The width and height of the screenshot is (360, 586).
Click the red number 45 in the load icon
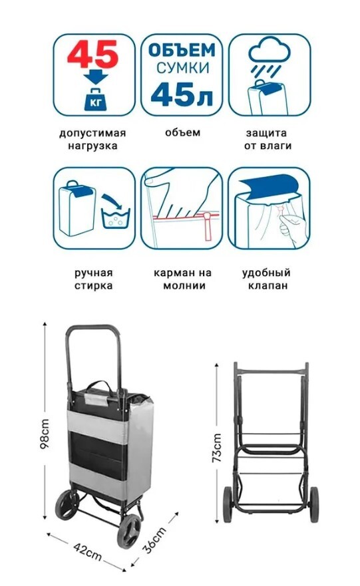[92, 54]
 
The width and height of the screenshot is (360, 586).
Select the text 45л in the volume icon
[182, 94]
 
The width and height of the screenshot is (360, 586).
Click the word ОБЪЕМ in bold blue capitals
[182, 51]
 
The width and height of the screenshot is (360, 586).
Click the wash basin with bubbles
[116, 218]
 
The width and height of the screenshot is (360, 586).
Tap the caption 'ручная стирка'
[93, 279]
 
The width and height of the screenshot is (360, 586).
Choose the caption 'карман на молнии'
[183, 279]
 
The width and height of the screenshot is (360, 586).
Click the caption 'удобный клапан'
[267, 279]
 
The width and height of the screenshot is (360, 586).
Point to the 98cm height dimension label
[45, 434]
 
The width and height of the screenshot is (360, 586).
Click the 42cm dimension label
[87, 551]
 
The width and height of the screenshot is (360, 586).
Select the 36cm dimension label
[155, 540]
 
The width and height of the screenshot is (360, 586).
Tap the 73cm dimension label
[217, 448]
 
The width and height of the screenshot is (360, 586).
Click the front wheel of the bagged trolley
[129, 531]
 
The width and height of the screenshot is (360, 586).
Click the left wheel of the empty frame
[228, 504]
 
